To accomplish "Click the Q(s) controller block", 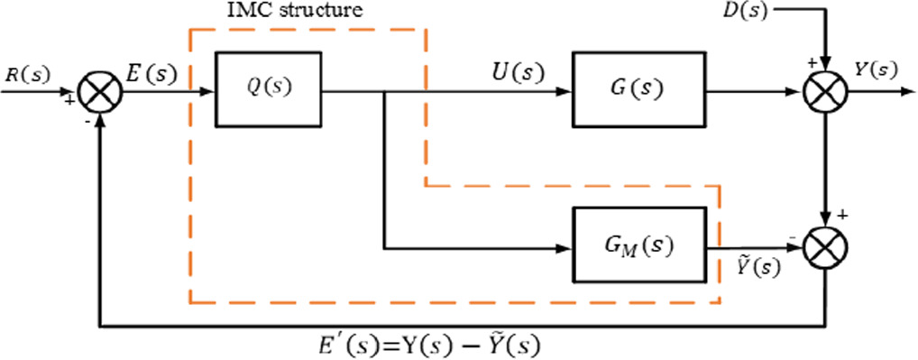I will [269, 90].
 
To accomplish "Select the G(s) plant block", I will [637, 90].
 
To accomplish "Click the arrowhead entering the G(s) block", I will [565, 91].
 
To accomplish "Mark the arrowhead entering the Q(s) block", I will [209, 91].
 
